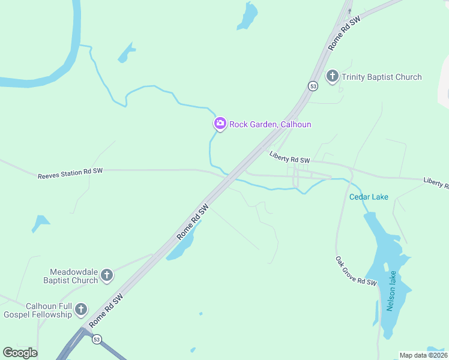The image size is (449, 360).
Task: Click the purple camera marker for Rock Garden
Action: [220, 124]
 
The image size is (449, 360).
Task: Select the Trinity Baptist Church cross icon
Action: [332, 77]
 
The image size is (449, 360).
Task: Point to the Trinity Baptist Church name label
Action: [381, 77]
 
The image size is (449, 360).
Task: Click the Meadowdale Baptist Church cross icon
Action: [107, 275]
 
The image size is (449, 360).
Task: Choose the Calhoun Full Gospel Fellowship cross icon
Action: [80, 310]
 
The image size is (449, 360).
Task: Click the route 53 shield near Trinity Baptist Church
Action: [313, 86]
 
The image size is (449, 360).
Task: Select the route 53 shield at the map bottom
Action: [97, 340]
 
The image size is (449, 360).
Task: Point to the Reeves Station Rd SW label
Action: [70, 173]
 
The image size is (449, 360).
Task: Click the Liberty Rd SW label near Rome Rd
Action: [289, 158]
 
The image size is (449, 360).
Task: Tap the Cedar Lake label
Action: [369, 197]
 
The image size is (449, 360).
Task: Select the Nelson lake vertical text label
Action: [391, 291]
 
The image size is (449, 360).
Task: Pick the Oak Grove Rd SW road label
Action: [355, 271]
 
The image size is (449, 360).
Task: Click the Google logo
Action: [20, 352]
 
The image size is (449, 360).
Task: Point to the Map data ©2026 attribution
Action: [423, 355]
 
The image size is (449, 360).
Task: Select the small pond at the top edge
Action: [247, 16]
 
